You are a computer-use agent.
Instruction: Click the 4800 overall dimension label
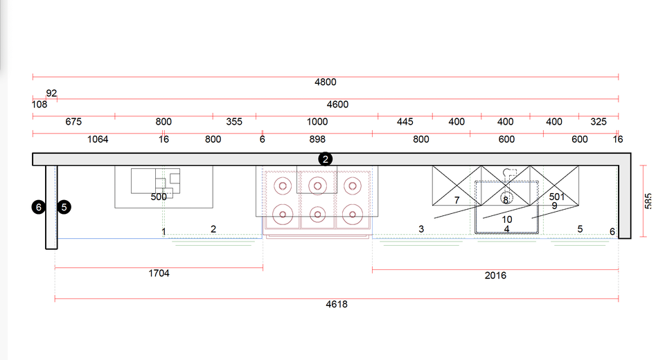[326, 82]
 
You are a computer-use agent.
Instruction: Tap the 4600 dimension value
[337, 105]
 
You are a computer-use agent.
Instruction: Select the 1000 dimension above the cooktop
[317, 122]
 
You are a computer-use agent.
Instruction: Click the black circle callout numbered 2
[326, 159]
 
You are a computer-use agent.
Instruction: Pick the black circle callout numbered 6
[39, 207]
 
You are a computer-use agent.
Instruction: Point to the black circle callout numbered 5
[64, 207]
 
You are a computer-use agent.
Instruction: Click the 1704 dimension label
[159, 273]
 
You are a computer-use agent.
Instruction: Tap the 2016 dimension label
[495, 276]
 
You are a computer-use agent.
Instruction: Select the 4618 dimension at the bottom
[337, 305]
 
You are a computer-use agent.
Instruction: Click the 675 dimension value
[73, 122]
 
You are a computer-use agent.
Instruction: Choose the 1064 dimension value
[98, 140]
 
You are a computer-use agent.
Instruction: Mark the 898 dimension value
[317, 140]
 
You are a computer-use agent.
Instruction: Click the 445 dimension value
[405, 122]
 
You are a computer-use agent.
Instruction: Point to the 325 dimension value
[598, 122]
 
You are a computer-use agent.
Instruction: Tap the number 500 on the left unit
[159, 197]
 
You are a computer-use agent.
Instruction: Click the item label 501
[557, 197]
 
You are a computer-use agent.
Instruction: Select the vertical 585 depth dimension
[648, 201]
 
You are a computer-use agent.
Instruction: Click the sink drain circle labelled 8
[506, 198]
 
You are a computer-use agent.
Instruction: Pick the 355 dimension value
[234, 122]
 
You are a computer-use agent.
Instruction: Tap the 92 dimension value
[51, 93]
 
